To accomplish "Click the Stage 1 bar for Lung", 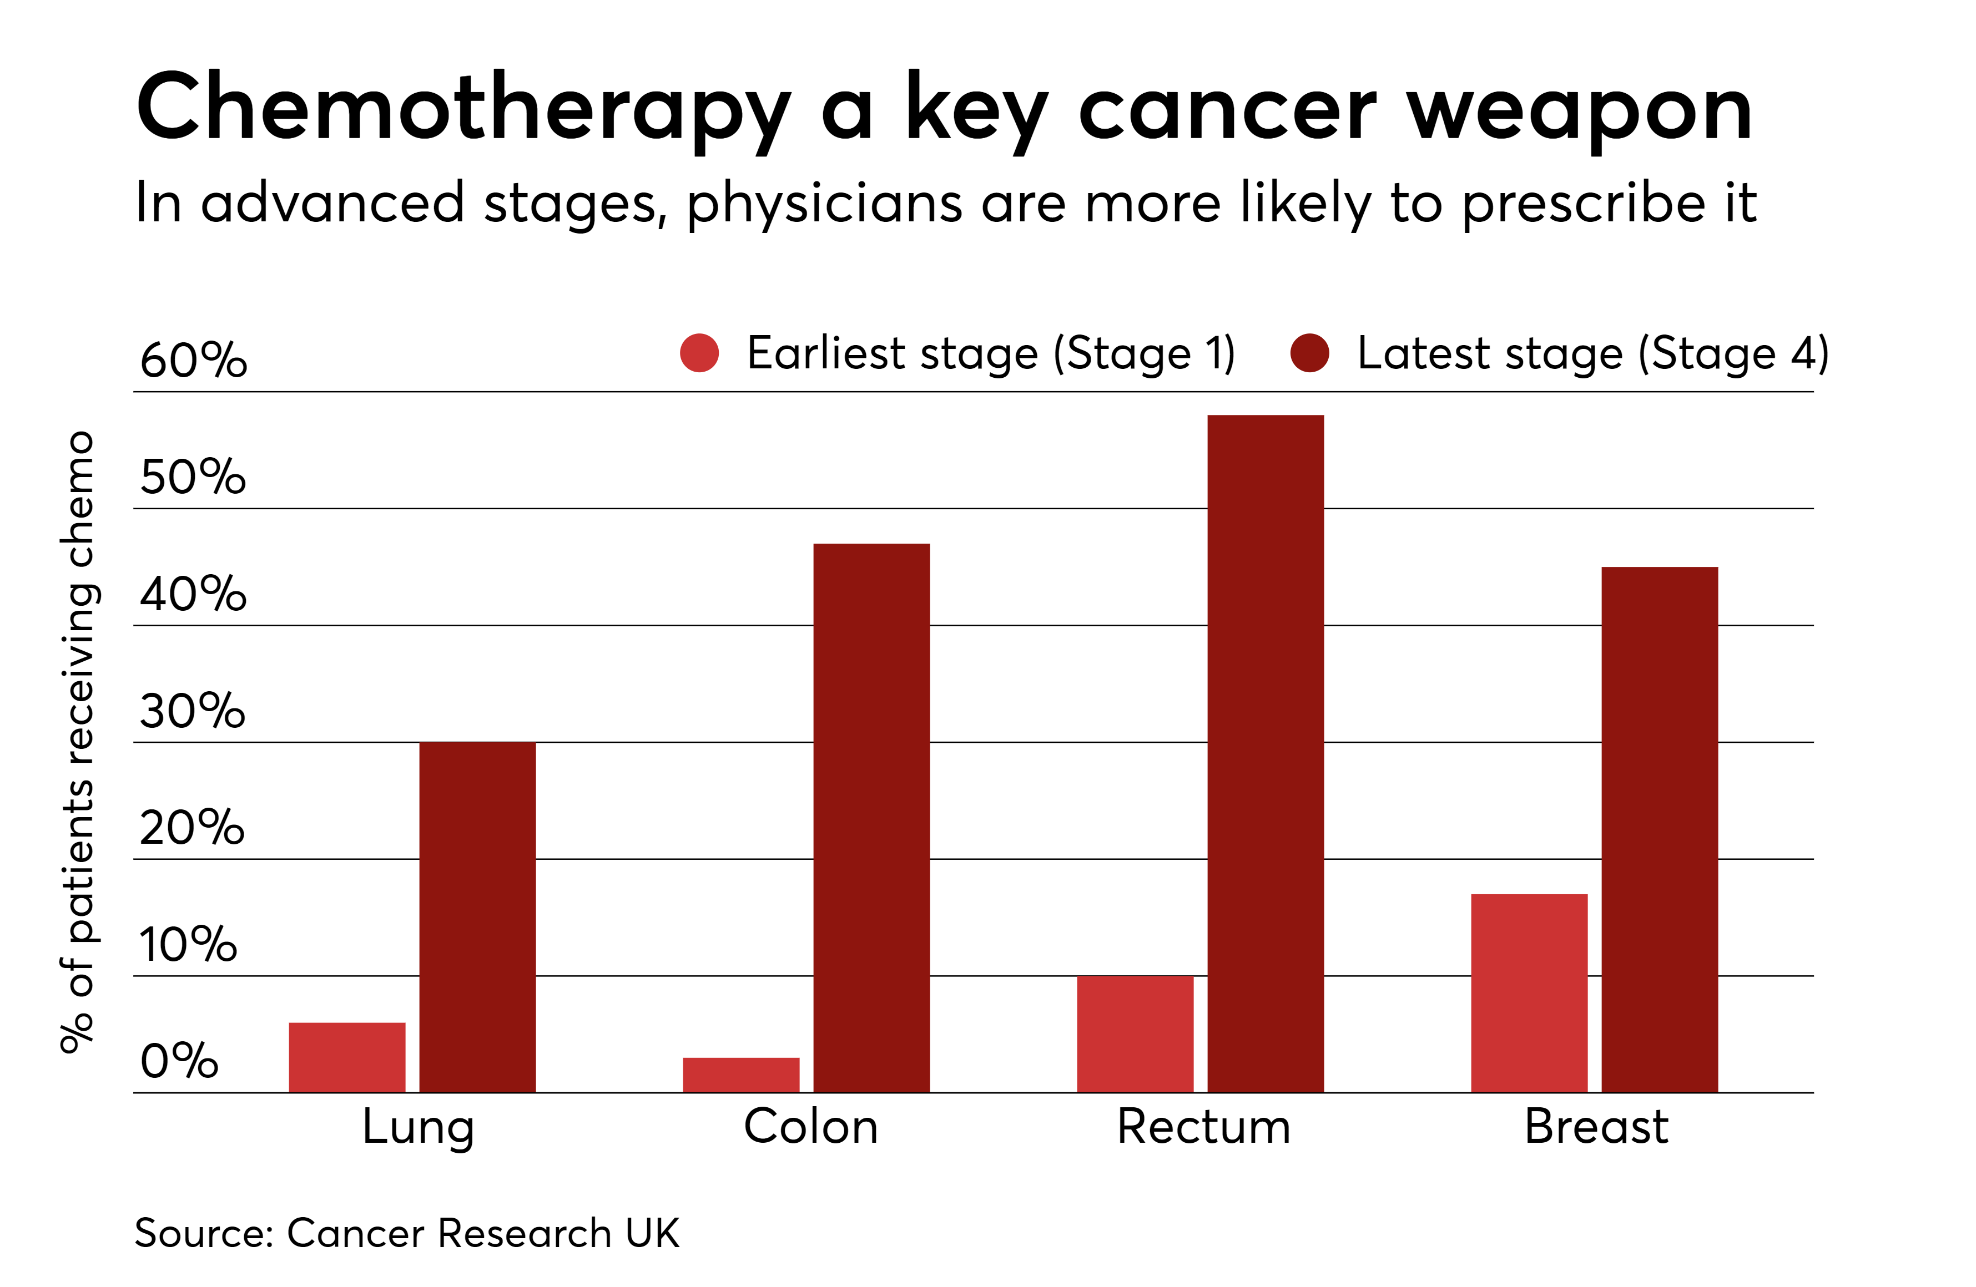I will pyautogui.click(x=347, y=1057).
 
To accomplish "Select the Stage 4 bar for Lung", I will pyautogui.click(x=477, y=917).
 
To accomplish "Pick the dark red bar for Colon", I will pyautogui.click(x=871, y=817).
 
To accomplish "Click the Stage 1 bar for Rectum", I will pyautogui.click(x=1135, y=1034).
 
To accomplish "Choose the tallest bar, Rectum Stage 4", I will pyautogui.click(x=1266, y=753).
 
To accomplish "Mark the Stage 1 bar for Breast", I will pyautogui.click(x=1529, y=992).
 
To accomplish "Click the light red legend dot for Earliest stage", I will pyautogui.click(x=699, y=353).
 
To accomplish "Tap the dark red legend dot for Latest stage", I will pyautogui.click(x=1309, y=353).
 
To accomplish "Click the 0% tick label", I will pyautogui.click(x=179, y=1061).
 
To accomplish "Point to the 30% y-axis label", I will pyautogui.click(x=193, y=711).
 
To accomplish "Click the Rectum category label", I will pyautogui.click(x=1203, y=1127).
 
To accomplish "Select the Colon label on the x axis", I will pyautogui.click(x=810, y=1127).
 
